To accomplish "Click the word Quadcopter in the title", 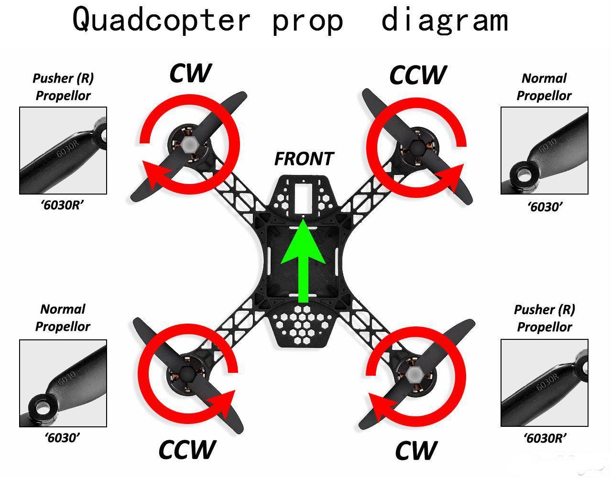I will pos(161,20).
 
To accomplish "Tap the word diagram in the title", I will pos(444,20).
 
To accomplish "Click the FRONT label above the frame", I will pos(304,159).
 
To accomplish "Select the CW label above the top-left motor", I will pos(190,73).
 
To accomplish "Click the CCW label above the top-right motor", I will pos(418,75).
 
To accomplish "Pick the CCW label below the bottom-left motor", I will pos(187,449).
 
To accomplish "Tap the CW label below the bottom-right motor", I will pos(416,451).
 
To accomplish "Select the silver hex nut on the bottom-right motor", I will pos(414,375).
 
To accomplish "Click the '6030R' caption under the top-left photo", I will pos(63,205).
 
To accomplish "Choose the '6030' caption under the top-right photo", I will pos(545,207).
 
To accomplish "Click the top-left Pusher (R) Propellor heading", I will pos(63,87).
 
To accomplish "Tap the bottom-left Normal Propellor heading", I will pos(63,318).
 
